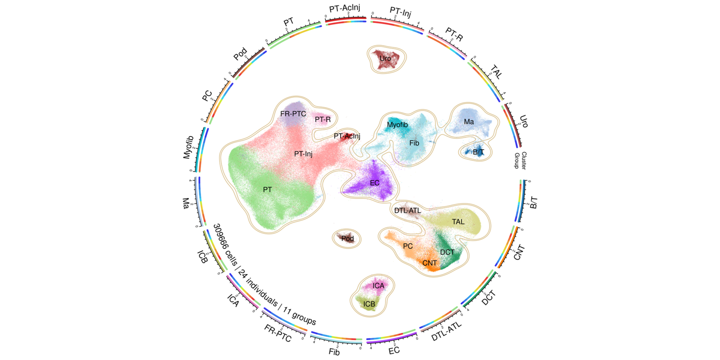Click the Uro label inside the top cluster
pyautogui.click(x=385, y=58)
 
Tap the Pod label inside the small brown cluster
pyautogui.click(x=347, y=238)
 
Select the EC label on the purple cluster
pyautogui.click(x=374, y=183)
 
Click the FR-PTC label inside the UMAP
pyautogui.click(x=293, y=114)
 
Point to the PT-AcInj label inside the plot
pyautogui.click(x=347, y=136)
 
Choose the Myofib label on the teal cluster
pyautogui.click(x=397, y=125)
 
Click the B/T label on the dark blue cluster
pyautogui.click(x=478, y=152)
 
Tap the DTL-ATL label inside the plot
pyautogui.click(x=408, y=210)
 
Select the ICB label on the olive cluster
pyautogui.click(x=369, y=304)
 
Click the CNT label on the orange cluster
pyautogui.click(x=430, y=263)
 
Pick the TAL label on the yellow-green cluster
pyautogui.click(x=458, y=222)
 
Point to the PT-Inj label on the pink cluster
pyautogui.click(x=303, y=154)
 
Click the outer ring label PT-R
pyautogui.click(x=454, y=34)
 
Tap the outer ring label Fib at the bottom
pyautogui.click(x=334, y=352)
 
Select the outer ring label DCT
pyautogui.click(x=489, y=298)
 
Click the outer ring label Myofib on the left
pyautogui.click(x=188, y=147)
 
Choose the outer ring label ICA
pyautogui.click(x=233, y=300)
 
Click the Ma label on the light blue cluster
pyautogui.click(x=469, y=122)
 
